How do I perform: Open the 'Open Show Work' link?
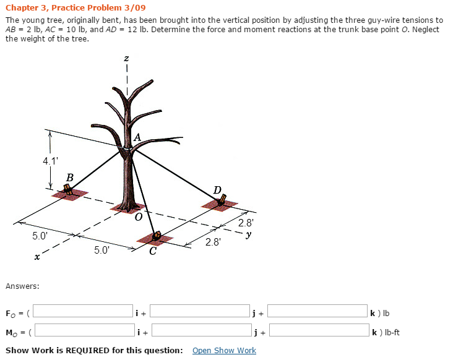pyautogui.click(x=224, y=350)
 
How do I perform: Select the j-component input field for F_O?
pyautogui.click(x=199, y=312)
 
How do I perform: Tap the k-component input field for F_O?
pyautogui.click(x=317, y=312)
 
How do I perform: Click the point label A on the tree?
pyautogui.click(x=137, y=137)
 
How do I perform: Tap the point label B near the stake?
pyautogui.click(x=70, y=178)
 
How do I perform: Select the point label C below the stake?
pyautogui.click(x=152, y=251)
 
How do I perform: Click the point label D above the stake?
pyautogui.click(x=217, y=189)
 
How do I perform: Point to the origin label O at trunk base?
pyautogui.click(x=138, y=217)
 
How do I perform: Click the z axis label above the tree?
pyautogui.click(x=126, y=59)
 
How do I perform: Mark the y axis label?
pyautogui.click(x=248, y=234)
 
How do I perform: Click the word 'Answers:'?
pyautogui.click(x=22, y=286)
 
